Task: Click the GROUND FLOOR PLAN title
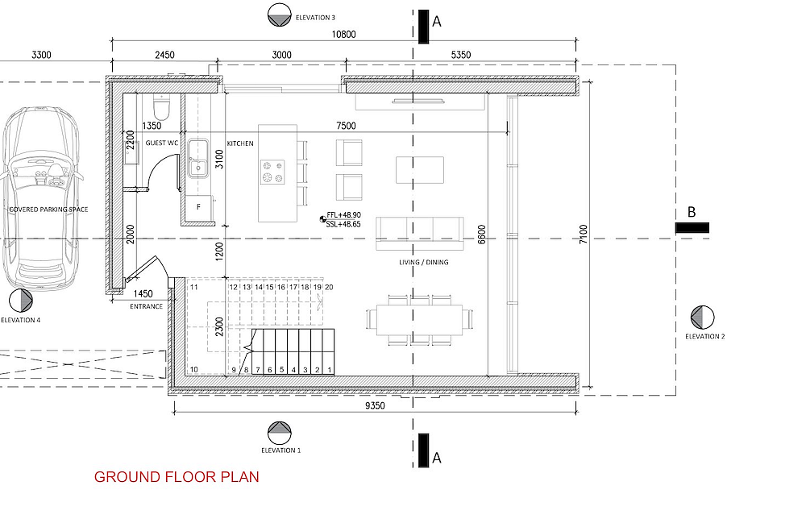(x=177, y=477)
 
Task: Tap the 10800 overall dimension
(x=343, y=35)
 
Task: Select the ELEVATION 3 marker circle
(x=280, y=15)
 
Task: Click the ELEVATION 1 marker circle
(x=280, y=434)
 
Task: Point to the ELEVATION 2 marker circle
(x=702, y=317)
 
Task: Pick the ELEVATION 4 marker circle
(x=21, y=300)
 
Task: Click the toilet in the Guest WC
(x=161, y=107)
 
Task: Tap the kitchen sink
(x=198, y=158)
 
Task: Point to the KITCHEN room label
(x=240, y=143)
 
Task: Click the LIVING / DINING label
(x=424, y=262)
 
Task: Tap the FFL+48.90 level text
(x=343, y=215)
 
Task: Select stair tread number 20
(x=329, y=287)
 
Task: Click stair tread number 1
(x=330, y=369)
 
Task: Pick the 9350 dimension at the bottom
(x=375, y=405)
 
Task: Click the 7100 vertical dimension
(x=583, y=234)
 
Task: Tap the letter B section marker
(x=692, y=212)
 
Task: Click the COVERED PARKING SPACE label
(x=49, y=210)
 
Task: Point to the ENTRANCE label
(x=146, y=306)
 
